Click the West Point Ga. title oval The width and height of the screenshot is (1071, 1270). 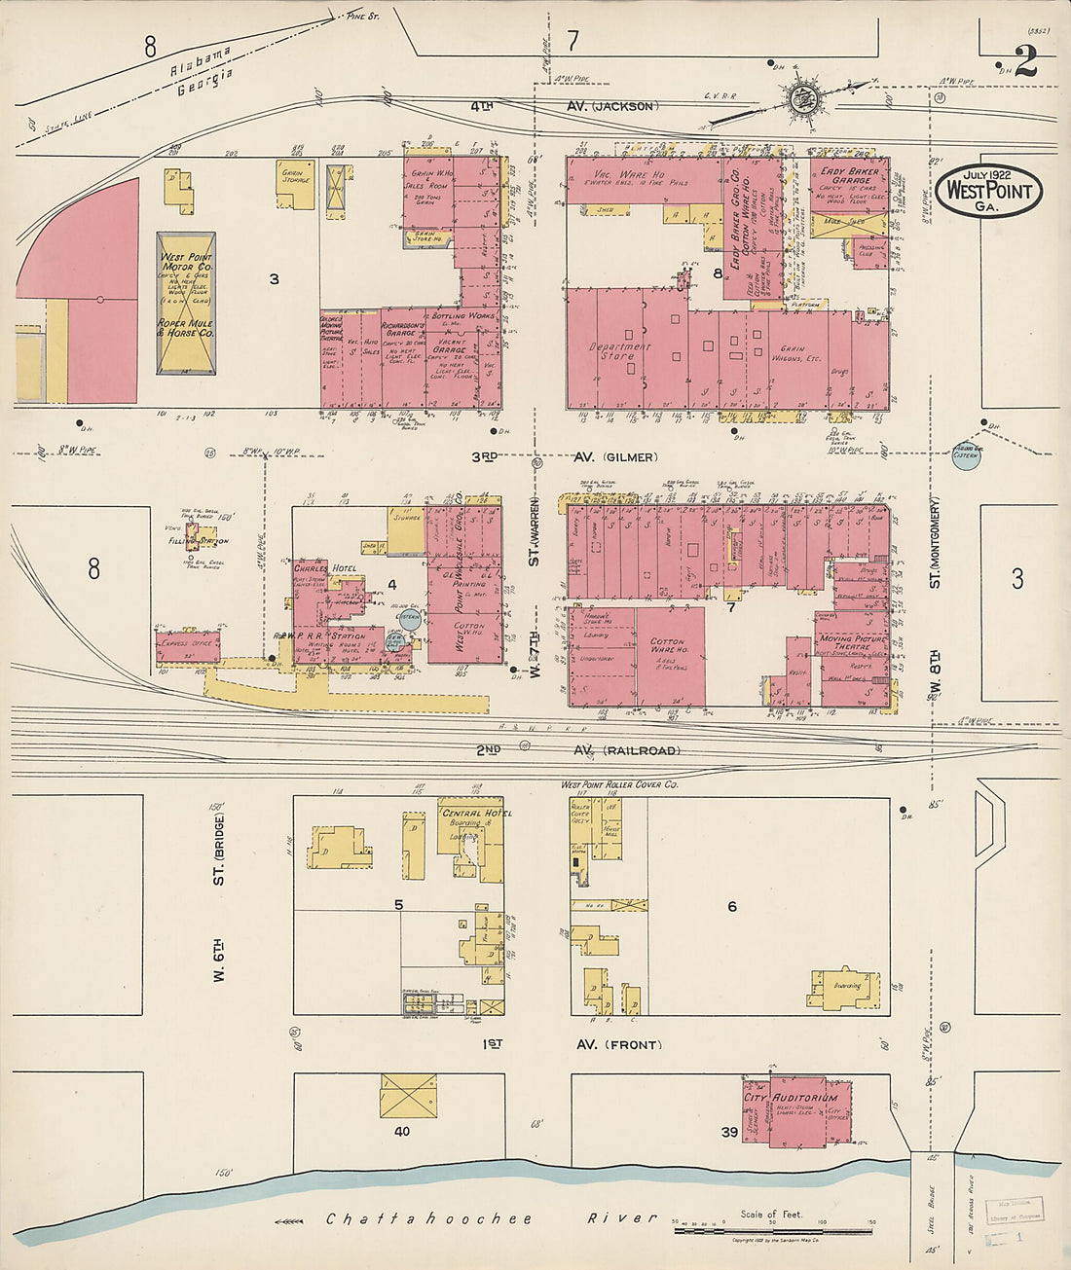[989, 190]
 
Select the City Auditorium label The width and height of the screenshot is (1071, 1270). [791, 1098]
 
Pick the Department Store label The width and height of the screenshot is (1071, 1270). [619, 350]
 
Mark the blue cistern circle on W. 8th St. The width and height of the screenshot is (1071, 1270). [966, 455]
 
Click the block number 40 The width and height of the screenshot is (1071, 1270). [402, 1132]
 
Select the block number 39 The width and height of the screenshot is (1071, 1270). [729, 1132]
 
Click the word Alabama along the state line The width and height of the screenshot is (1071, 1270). [201, 60]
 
